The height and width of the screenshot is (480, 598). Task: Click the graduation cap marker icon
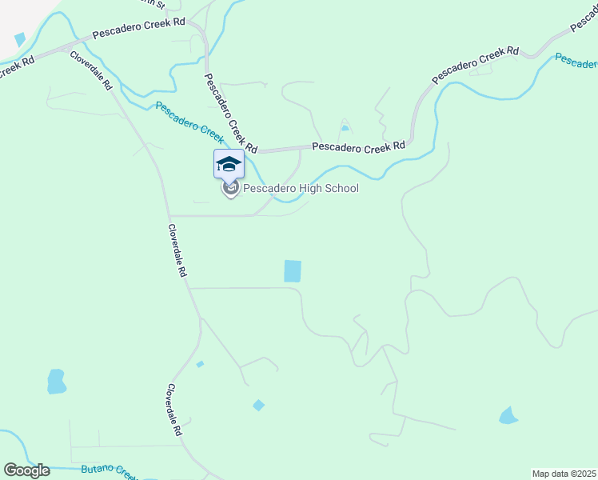click(229, 163)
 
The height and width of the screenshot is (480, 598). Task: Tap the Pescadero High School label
click(301, 189)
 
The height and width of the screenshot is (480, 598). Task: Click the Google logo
click(26, 470)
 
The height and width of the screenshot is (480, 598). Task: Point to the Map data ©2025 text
click(563, 474)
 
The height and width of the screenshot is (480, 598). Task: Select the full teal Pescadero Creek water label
click(189, 122)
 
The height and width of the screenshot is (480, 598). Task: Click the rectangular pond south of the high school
click(293, 271)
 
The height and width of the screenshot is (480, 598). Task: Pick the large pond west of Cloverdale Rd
click(56, 382)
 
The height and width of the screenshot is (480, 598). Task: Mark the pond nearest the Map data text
click(508, 415)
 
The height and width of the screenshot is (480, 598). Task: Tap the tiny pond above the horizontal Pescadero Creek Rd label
click(345, 127)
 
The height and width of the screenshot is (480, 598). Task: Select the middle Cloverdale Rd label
click(177, 250)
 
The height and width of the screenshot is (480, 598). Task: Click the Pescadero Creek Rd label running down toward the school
click(230, 113)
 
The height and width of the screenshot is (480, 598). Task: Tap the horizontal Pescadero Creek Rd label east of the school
click(358, 146)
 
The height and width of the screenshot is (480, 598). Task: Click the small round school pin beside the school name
click(231, 189)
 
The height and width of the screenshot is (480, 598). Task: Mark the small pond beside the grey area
click(19, 38)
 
